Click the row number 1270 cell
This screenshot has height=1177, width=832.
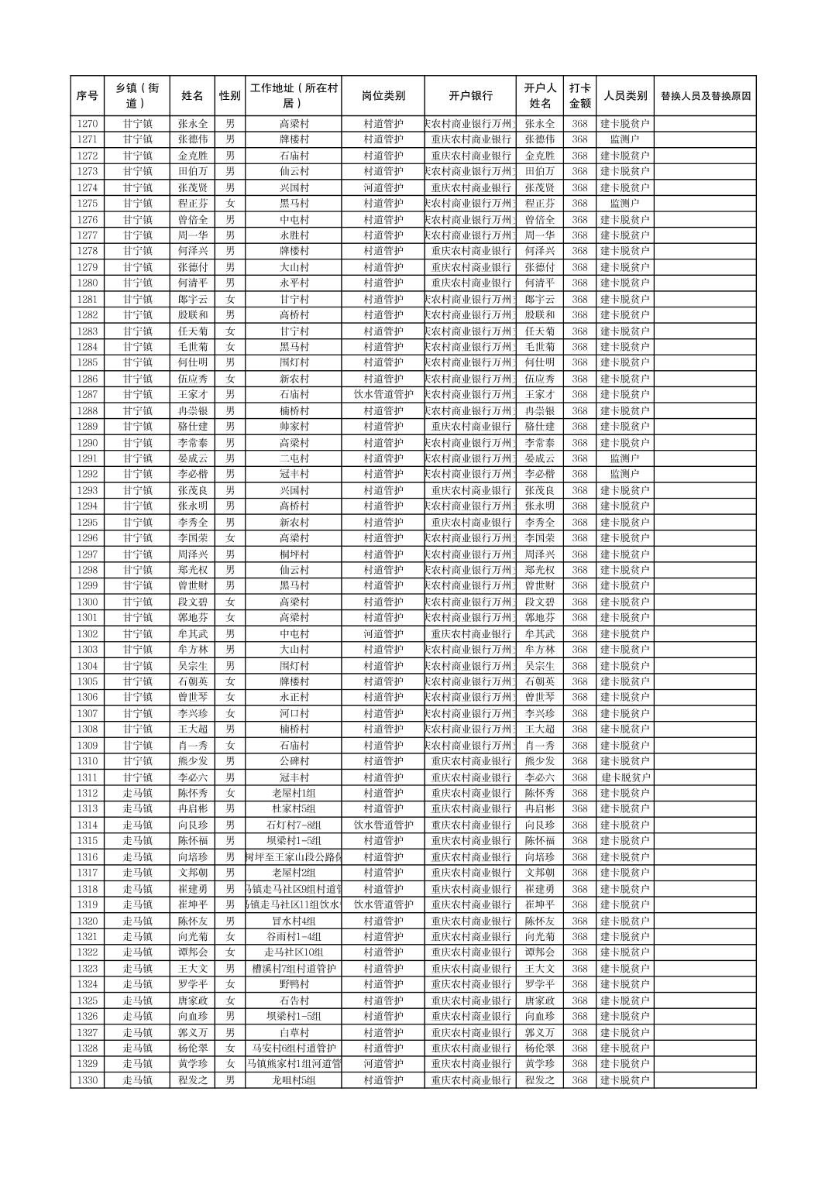(88, 124)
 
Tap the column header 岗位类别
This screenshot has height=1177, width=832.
(383, 96)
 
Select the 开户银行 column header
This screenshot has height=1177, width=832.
(470, 96)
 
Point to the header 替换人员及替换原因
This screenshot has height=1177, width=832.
(705, 96)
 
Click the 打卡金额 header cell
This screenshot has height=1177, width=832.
(579, 96)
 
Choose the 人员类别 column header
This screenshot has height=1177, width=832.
(624, 96)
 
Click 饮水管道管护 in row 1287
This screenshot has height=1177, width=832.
(383, 395)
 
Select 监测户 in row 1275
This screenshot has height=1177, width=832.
(624, 204)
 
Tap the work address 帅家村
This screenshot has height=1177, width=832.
(294, 427)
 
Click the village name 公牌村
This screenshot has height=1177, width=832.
(294, 761)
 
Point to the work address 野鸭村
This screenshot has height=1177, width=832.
(294, 984)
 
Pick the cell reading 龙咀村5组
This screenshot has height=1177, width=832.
(294, 1080)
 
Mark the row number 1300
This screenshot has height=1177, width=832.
(88, 602)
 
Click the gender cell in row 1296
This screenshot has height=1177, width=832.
(230, 538)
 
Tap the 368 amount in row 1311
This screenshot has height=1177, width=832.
(579, 777)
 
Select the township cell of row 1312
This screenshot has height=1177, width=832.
(137, 793)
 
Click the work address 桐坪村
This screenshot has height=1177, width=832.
(294, 554)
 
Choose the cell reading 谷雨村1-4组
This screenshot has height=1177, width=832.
(294, 937)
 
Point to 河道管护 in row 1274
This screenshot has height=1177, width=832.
(383, 187)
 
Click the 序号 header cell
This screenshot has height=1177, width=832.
(88, 96)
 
